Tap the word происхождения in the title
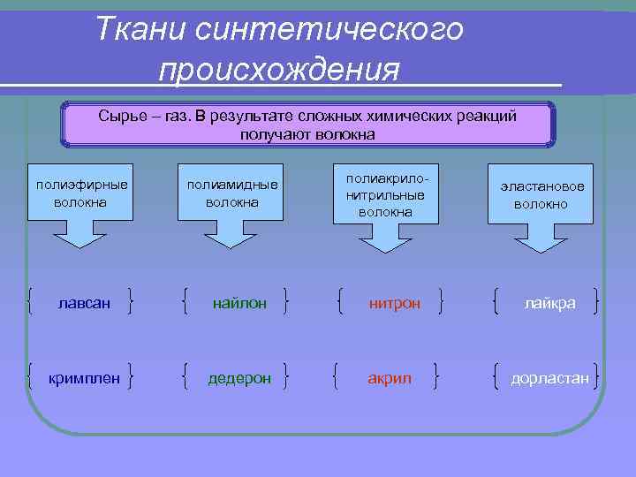point(279,69)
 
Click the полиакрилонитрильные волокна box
point(385,194)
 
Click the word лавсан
point(84,303)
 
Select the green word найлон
point(238,303)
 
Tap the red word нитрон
point(394,304)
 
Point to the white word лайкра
point(549,303)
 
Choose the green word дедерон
point(238,378)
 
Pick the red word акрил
point(390,378)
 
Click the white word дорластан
point(549,378)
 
